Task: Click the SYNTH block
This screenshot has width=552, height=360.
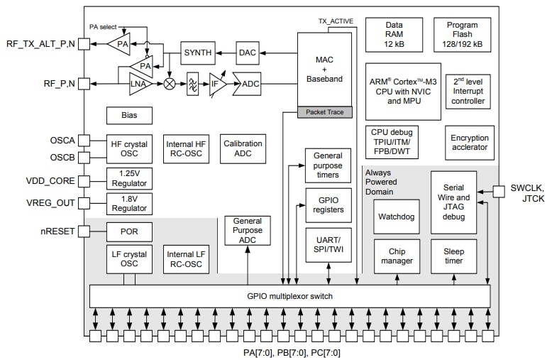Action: [198, 53]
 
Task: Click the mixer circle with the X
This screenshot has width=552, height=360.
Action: [170, 84]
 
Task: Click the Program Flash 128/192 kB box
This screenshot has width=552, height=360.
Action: [463, 35]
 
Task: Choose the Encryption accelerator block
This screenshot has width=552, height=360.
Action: [469, 143]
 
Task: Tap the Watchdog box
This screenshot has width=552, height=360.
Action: [397, 217]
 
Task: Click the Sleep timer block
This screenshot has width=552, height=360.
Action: [453, 256]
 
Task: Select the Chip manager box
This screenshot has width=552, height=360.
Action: [397, 256]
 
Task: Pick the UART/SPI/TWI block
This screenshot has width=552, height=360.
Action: [329, 245]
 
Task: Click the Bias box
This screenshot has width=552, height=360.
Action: [128, 115]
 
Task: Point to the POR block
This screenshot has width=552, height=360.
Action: [128, 231]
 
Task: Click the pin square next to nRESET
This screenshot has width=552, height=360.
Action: [84, 231]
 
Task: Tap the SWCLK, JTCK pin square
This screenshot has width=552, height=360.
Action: [499, 190]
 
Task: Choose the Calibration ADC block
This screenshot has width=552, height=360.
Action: [243, 148]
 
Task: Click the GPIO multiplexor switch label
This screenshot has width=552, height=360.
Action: [289, 295]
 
